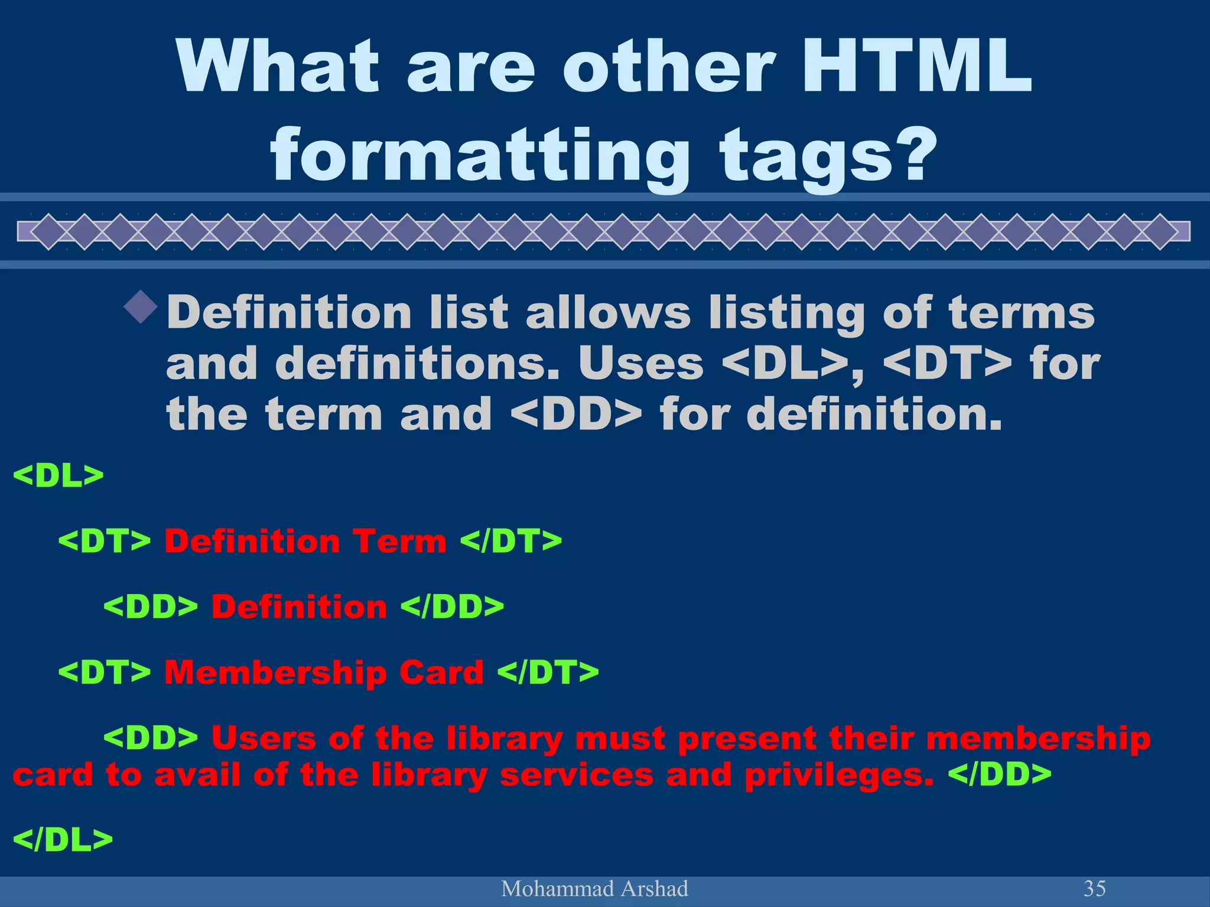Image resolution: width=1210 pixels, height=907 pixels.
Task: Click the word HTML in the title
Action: point(916,66)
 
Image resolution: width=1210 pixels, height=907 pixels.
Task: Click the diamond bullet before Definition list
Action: point(141,306)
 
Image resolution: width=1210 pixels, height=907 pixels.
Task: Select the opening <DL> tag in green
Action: point(58,475)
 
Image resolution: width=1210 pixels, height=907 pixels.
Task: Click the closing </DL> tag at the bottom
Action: point(62,839)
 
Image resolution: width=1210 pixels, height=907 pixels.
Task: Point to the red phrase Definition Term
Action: point(305,541)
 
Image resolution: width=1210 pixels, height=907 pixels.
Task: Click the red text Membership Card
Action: point(324,672)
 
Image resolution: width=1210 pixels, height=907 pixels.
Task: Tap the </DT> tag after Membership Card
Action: point(548,672)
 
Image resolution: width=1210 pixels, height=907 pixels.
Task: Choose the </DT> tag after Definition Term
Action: point(511,541)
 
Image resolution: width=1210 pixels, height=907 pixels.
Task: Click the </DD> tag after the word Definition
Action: point(453,606)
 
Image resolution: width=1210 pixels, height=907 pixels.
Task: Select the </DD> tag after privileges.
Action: point(1000,774)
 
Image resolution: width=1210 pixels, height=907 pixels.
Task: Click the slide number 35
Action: point(1094,888)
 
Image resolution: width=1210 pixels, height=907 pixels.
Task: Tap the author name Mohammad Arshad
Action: point(594,889)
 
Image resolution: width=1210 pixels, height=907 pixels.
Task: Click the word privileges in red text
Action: point(839,775)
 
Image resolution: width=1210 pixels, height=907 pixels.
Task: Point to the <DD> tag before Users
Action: point(151,738)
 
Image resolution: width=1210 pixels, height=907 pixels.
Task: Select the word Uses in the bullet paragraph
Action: point(641,363)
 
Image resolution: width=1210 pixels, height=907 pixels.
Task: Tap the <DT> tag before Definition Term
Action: point(105,541)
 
